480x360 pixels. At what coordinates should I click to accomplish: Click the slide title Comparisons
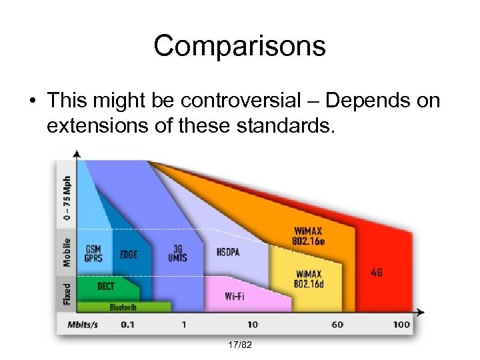(239, 45)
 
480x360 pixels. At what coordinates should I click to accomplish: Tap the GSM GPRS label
(93, 255)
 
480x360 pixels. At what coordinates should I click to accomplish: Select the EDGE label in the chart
(129, 255)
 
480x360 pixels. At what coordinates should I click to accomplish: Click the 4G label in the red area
(377, 273)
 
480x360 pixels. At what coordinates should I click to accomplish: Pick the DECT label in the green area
(105, 287)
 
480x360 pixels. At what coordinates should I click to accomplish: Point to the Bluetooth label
(123, 307)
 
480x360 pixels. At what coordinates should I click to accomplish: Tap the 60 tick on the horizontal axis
(338, 325)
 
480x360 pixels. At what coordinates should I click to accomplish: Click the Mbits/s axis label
(84, 325)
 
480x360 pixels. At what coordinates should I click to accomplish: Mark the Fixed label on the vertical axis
(67, 293)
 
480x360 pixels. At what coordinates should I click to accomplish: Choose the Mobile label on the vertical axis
(67, 253)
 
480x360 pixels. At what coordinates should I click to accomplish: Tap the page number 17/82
(240, 345)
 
